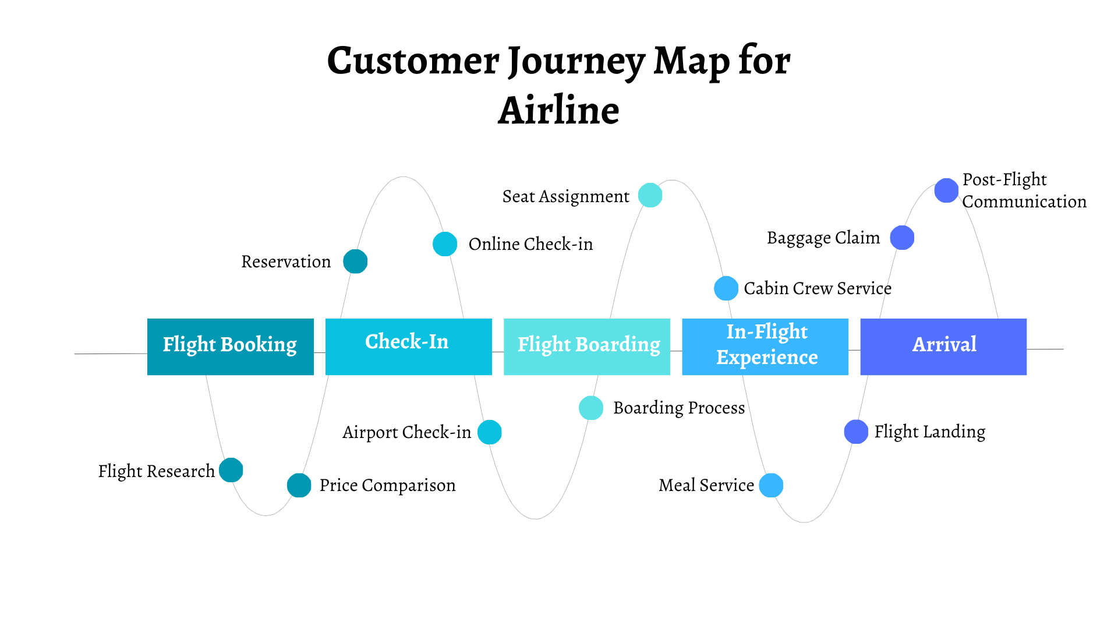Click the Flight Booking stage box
pos(230,347)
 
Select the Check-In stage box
pos(408,347)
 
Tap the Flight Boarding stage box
pos(586,347)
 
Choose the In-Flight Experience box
pos(765,347)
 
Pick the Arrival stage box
pos(943,347)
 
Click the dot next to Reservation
pos(355,262)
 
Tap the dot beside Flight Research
pos(231,470)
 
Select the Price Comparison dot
pos(299,485)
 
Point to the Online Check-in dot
pos(445,244)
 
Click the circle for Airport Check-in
pos(490,432)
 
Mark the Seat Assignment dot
pos(650,195)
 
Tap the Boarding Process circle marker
pos(591,408)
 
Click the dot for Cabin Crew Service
pos(726,288)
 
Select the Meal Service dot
pos(772,485)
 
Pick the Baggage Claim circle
pos(903,238)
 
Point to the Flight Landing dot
pos(857,432)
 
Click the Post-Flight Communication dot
pos(947,190)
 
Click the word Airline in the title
pos(558,111)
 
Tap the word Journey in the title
pos(576,61)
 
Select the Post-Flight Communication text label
pos(1023,190)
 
